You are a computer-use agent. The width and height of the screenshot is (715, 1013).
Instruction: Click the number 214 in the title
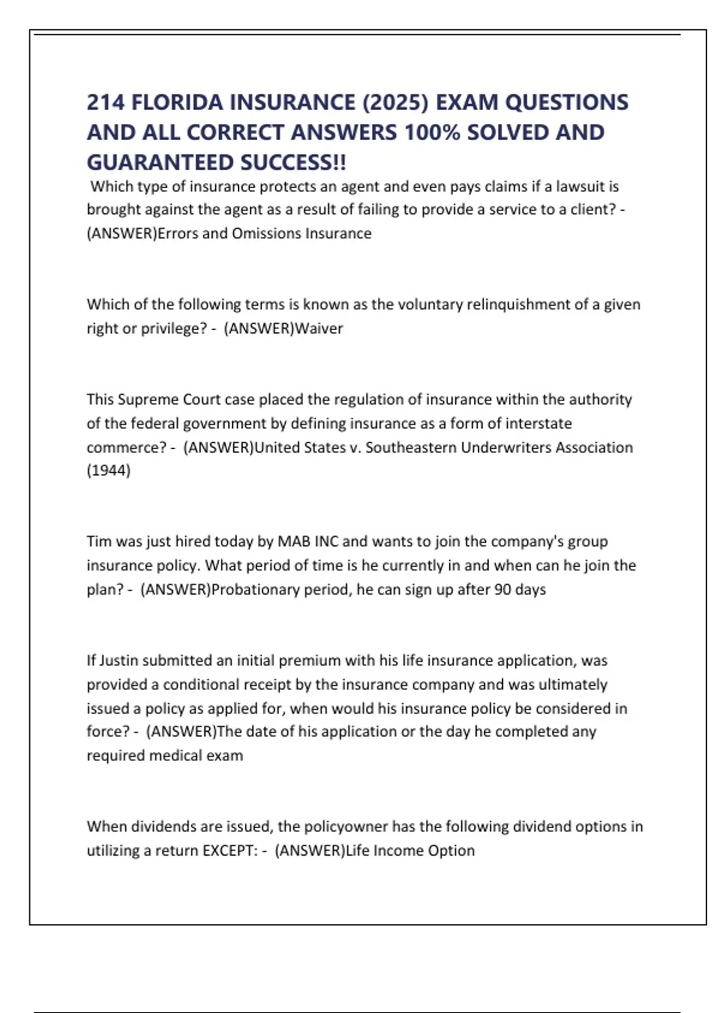coord(105,102)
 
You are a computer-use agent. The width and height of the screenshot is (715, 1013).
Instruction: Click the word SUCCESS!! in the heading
coord(293,162)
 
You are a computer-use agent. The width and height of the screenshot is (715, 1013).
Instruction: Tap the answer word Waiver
coord(319,328)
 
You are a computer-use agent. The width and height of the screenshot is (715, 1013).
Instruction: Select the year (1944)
coord(108,471)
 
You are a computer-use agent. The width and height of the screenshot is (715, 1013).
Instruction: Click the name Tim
coord(99,542)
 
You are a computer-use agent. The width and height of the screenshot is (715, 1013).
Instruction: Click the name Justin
coord(119,661)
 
